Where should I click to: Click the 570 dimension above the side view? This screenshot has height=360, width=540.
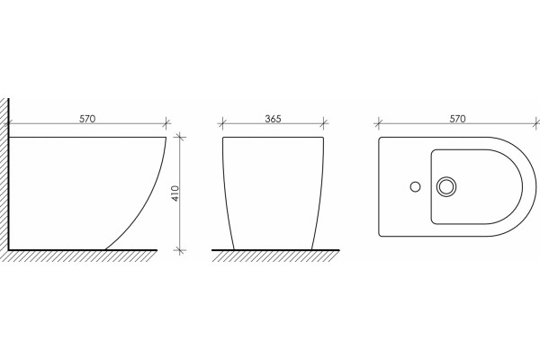click(87, 119)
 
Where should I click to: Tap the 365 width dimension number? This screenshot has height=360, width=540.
click(273, 119)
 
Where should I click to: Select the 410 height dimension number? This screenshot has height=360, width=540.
click(175, 193)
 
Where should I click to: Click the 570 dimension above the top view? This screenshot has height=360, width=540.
click(458, 119)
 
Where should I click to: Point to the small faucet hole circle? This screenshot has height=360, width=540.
click(415, 186)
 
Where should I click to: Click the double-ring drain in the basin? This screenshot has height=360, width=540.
click(446, 186)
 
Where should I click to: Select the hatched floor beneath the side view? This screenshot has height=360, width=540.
click(82, 256)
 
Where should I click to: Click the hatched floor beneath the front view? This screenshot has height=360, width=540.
click(275, 256)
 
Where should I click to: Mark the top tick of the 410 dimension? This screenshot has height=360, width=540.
click(180, 138)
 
